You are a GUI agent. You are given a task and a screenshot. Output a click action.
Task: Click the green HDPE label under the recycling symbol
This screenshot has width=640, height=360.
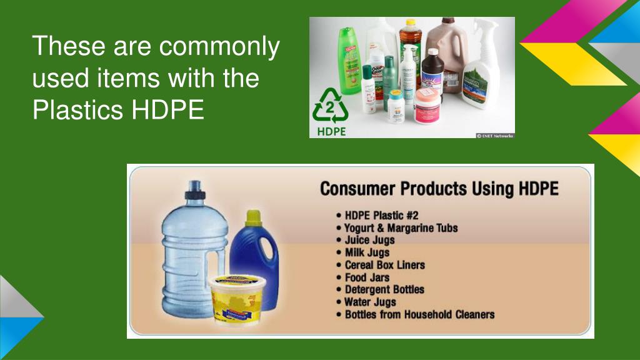click(331, 131)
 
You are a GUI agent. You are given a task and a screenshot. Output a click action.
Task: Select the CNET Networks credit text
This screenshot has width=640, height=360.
click(495, 135)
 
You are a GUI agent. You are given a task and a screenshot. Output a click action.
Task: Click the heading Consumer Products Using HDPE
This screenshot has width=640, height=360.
click(439, 189)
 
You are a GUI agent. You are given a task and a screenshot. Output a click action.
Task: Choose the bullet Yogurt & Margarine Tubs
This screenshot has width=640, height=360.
click(401, 227)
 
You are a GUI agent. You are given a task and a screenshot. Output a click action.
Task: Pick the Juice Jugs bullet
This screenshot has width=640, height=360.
click(369, 240)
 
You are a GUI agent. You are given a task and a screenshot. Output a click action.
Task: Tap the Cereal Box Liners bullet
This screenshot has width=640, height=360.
click(384, 265)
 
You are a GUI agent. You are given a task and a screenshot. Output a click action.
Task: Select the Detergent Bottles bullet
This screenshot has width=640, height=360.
click(384, 290)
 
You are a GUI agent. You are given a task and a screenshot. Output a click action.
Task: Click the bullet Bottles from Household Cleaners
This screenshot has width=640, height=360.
click(419, 315)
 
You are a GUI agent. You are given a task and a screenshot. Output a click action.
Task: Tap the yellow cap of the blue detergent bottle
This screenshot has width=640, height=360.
click(253, 217)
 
